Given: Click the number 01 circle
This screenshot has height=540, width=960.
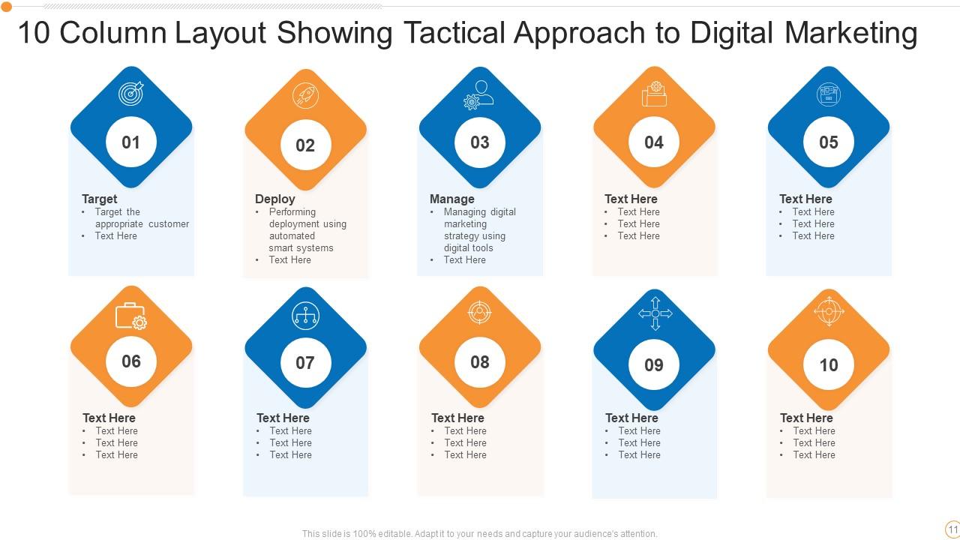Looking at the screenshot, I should pos(131,142).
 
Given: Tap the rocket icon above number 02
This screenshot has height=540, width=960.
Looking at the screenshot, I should pos(305,96).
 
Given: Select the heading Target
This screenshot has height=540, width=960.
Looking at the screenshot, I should pos(100,199).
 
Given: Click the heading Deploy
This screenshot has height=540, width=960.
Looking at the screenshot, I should pos(274,199).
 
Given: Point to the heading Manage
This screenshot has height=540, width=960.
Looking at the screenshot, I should pos(451,199).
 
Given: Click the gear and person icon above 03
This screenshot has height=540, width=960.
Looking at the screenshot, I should pos(479,95).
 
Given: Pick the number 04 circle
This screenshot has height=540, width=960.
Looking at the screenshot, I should pos(654,142).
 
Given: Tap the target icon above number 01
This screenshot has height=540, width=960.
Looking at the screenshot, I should pos(131,93).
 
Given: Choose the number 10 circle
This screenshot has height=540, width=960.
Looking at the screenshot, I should pos(829,365).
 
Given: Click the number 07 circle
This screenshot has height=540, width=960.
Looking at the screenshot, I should pos(305,363).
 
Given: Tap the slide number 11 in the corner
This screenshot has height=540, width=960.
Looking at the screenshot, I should pos(952,529).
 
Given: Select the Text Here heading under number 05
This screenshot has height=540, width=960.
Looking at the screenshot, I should pos(805,199).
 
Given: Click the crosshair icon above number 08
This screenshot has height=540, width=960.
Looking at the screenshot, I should pos(480,311).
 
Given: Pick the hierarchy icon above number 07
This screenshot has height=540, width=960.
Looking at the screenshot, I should pos(305,316).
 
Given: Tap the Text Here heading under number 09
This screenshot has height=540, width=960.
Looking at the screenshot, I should pos(631,418).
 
